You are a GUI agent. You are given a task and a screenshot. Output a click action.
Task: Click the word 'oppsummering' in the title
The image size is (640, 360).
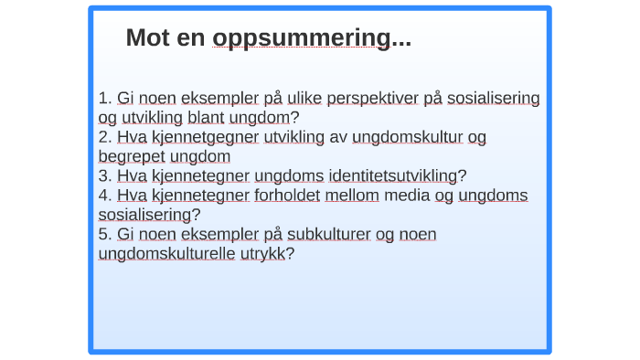click(x=301, y=38)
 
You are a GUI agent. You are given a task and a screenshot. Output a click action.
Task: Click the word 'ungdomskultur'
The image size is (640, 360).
click(x=407, y=137)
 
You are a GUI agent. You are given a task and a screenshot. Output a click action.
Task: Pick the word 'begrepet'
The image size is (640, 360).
click(x=133, y=156)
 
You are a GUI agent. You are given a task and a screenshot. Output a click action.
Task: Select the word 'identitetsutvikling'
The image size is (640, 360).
click(x=393, y=175)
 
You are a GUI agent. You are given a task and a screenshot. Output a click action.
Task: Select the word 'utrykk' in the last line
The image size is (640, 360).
click(x=262, y=253)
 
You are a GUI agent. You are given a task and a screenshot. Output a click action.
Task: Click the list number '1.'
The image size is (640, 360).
click(x=105, y=98)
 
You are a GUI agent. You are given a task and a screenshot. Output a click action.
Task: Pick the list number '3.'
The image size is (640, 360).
click(x=105, y=175)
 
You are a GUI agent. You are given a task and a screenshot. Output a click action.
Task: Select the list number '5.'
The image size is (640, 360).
click(x=105, y=234)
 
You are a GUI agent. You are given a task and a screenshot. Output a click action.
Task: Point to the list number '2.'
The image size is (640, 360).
click(x=105, y=137)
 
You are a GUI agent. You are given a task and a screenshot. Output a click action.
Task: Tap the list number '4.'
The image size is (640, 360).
click(x=105, y=195)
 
